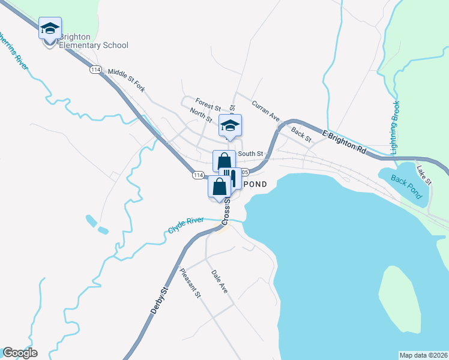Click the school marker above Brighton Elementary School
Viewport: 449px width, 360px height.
50,28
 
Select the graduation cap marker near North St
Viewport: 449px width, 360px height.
229,125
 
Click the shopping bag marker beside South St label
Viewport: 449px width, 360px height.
224,161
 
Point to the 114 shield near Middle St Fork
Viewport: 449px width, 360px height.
95,70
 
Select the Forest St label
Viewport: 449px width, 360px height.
208,104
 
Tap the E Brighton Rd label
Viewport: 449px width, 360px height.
343,142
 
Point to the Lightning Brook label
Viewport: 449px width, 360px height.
395,127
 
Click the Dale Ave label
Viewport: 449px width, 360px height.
220,281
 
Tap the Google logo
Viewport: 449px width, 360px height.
20,353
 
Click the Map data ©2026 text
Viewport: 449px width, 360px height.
423,355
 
